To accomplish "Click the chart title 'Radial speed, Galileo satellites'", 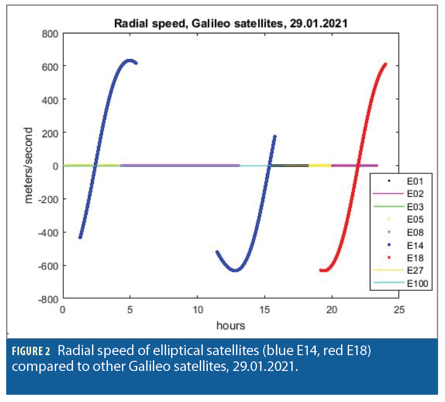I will click(231, 23).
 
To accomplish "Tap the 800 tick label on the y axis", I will click(51, 33).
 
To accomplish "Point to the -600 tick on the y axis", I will click(48, 265).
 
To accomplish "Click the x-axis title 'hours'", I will click(230, 325).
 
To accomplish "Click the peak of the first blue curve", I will click(130, 60).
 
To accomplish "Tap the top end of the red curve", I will click(385, 64).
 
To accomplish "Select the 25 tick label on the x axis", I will click(399, 311).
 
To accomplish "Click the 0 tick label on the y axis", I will click(56, 165).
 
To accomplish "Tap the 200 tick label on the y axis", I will click(51, 133).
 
